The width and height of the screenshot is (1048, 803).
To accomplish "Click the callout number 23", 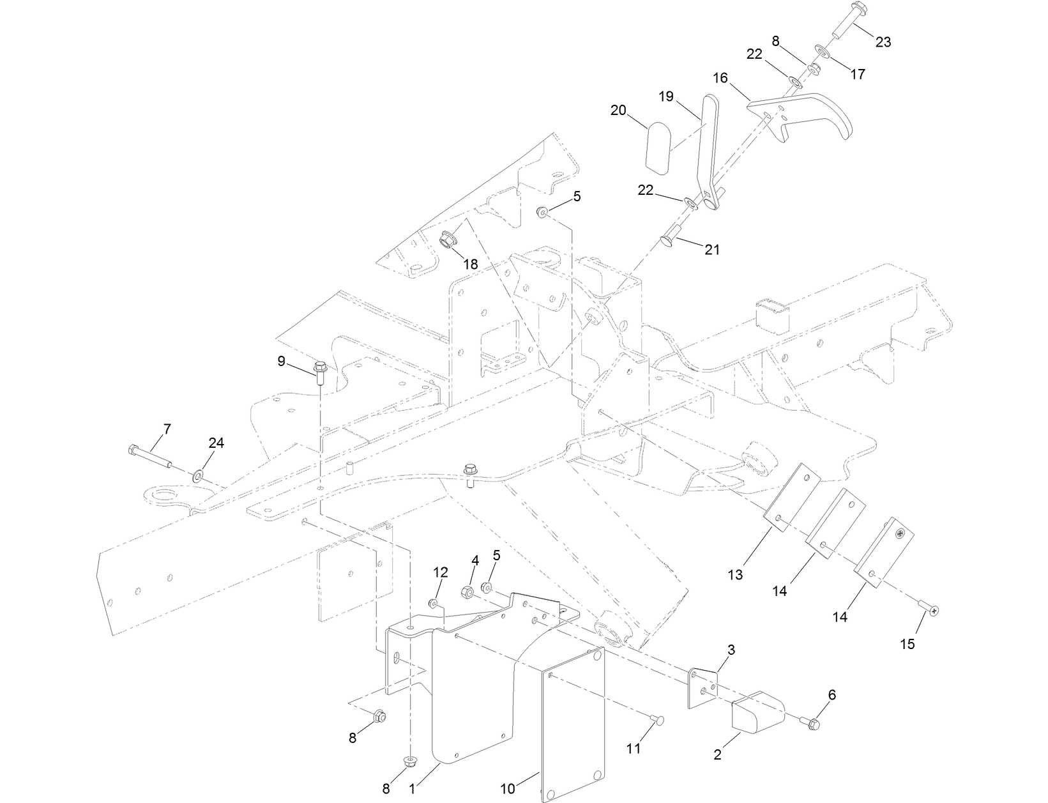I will click(883, 42).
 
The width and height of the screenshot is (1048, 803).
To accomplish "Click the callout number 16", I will click(720, 79).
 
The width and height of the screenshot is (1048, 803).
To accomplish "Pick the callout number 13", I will click(735, 574).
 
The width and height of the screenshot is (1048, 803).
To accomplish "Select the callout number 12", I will click(441, 571).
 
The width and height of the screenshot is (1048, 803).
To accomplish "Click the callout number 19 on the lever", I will click(666, 96).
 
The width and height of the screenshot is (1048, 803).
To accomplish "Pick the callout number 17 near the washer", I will click(858, 74).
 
